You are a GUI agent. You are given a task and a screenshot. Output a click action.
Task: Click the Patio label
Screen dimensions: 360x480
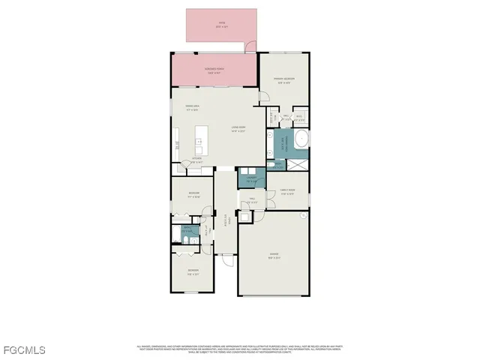coord(222,24)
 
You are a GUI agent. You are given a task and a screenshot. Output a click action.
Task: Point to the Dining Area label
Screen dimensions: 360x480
coord(192,107)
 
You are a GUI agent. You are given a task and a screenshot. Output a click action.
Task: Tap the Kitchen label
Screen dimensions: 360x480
coord(197,159)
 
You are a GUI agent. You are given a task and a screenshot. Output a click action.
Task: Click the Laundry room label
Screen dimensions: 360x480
coord(247,180)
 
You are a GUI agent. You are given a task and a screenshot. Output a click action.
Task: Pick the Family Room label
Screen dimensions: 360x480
coord(288,192)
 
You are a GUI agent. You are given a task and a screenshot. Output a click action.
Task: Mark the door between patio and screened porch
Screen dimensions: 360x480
coord(251,47)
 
